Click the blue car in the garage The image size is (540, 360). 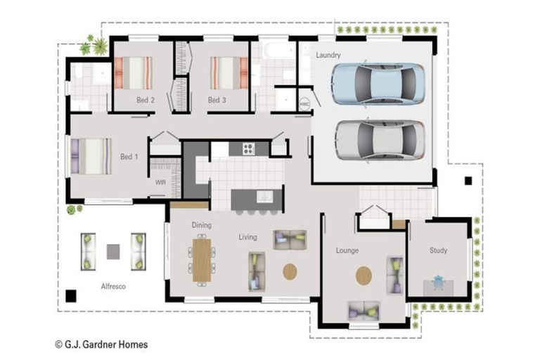tap(378, 84)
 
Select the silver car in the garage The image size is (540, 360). tap(379, 139)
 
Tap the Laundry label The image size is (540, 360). tap(328, 55)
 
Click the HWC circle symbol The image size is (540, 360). tap(304, 103)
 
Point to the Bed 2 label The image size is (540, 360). tap(146, 101)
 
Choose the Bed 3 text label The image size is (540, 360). tap(217, 101)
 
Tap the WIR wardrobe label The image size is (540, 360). tap(160, 182)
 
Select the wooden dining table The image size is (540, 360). tap(201, 259)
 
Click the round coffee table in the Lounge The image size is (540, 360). tap(364, 276)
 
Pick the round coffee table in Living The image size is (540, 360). tap(290, 271)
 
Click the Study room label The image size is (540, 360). tap(439, 250)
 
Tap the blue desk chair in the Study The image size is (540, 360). tap(439, 283)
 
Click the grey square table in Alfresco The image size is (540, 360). tap(113, 251)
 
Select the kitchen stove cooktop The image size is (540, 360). tap(248, 148)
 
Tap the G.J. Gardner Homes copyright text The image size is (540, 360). tap(101, 345)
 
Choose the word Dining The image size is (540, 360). tap(201, 226)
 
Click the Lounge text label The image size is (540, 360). tap(347, 250)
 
